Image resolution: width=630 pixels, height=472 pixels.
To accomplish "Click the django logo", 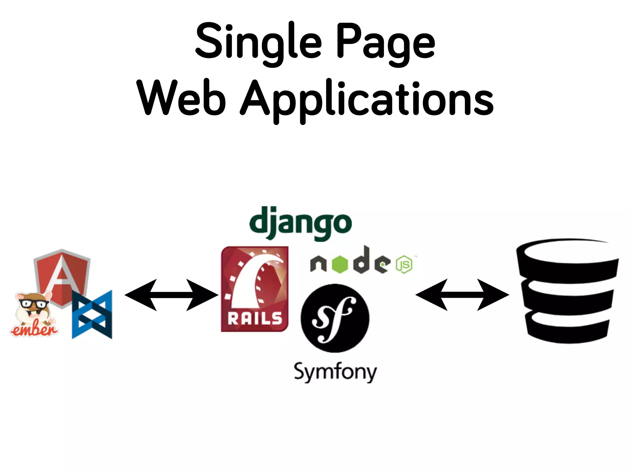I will pyautogui.click(x=300, y=223).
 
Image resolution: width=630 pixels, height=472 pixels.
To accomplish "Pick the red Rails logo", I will pyautogui.click(x=255, y=289).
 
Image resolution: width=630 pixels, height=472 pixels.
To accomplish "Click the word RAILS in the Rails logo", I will pyautogui.click(x=255, y=318).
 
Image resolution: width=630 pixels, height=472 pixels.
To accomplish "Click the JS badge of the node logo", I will pyautogui.click(x=404, y=264).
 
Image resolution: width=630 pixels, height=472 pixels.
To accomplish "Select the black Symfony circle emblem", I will pyautogui.click(x=335, y=318).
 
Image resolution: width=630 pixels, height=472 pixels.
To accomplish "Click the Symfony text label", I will pyautogui.click(x=335, y=372).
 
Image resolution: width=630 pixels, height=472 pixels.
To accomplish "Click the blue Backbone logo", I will pyautogui.click(x=92, y=314).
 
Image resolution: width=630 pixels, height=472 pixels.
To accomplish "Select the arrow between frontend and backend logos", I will pyautogui.click(x=171, y=295).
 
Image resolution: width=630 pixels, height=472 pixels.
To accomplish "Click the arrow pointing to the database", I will pyautogui.click(x=462, y=295).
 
